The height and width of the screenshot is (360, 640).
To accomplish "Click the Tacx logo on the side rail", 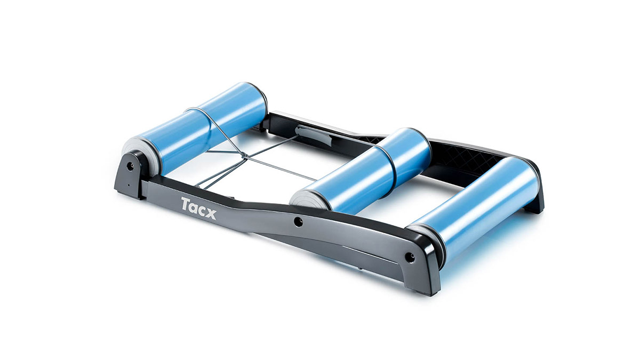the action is (198, 209).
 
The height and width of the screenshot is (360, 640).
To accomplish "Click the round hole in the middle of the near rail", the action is (298, 222).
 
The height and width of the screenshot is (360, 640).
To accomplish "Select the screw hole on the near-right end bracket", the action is (410, 257).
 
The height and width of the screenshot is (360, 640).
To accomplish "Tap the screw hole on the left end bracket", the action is (130, 166).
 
